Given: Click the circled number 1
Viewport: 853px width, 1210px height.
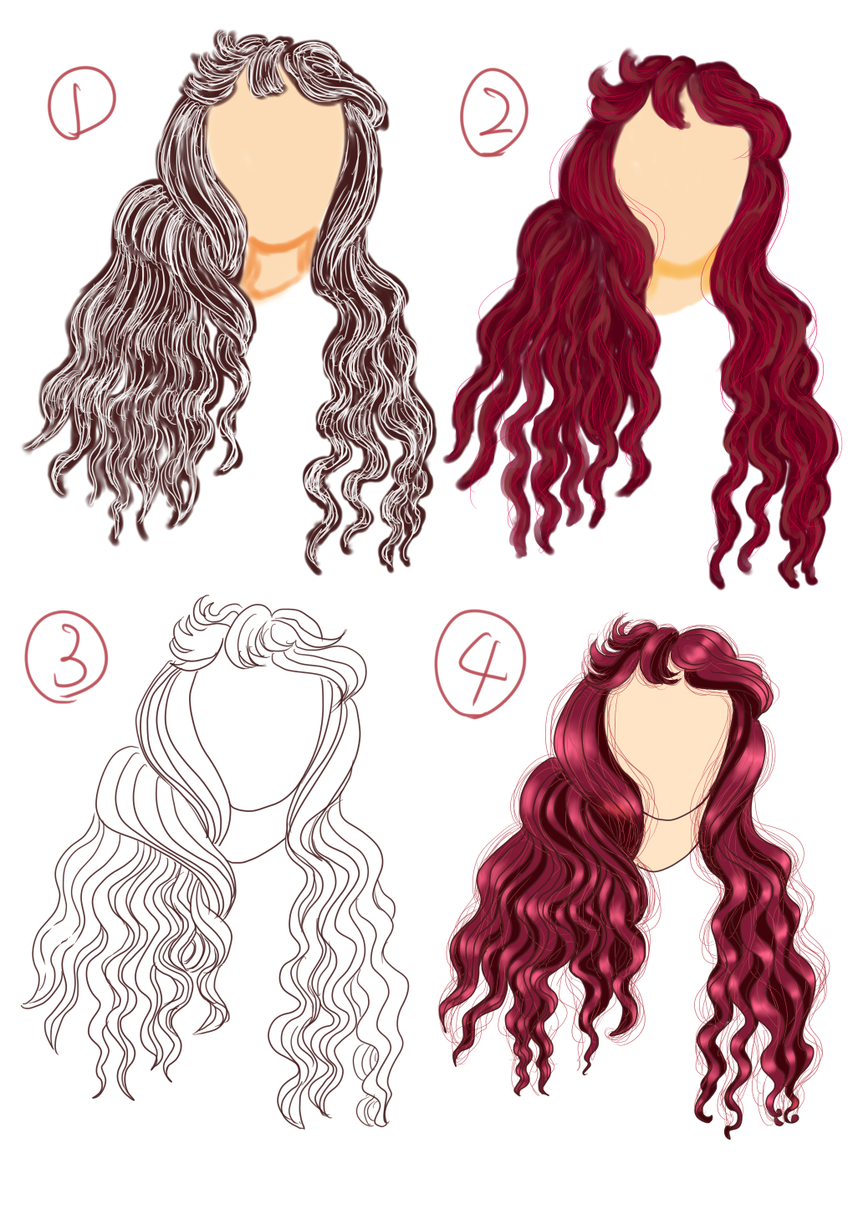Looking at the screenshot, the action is [82, 103].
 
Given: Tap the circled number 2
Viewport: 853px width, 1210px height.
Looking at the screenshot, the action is [493, 112].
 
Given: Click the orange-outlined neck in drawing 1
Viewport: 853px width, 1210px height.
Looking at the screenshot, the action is [278, 268].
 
